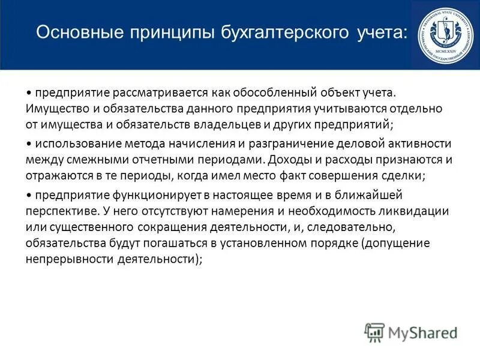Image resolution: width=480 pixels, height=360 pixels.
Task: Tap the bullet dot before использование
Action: point(29,145)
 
